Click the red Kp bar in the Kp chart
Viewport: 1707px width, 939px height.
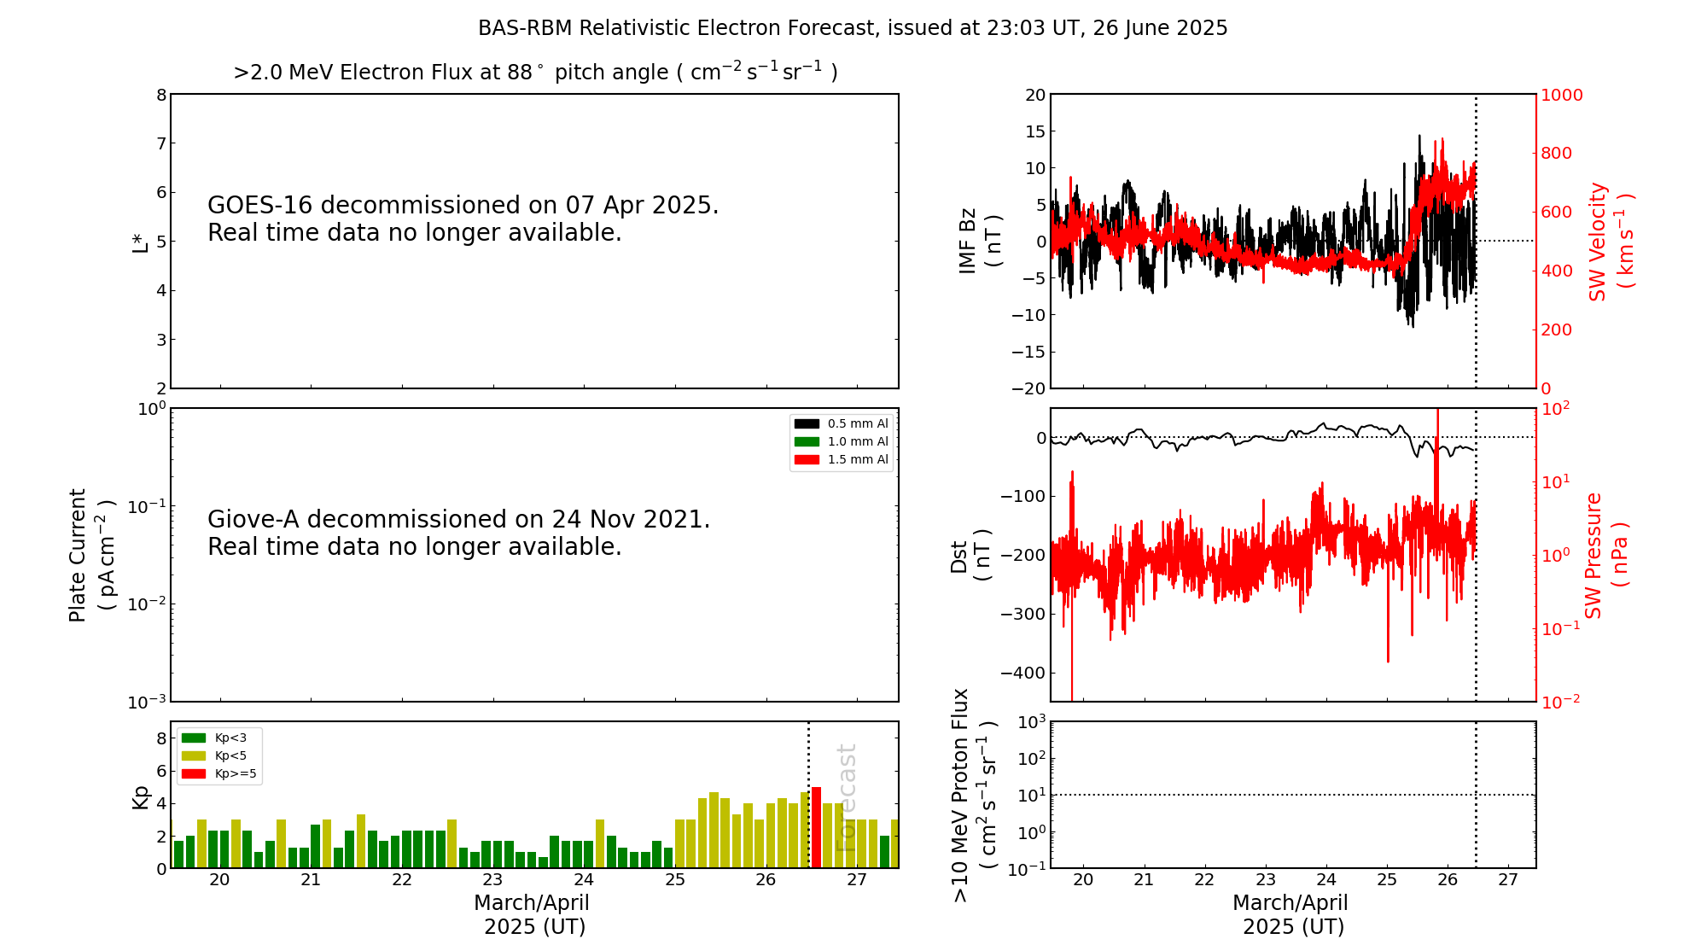816,827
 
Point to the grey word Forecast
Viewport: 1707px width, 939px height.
846,797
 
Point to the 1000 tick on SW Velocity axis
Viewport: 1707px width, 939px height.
1561,95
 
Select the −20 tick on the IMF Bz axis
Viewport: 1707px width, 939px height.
1028,388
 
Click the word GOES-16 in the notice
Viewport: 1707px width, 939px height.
260,206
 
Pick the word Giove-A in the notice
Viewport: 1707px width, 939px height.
253,520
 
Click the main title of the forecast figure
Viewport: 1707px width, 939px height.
853,28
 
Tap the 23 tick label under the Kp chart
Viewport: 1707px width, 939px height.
492,880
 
